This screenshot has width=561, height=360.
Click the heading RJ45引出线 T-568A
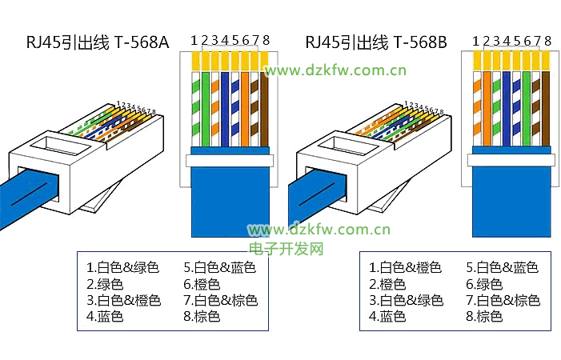click(98, 42)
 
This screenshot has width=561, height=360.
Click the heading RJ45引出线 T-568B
click(376, 42)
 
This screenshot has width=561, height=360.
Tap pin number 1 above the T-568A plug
click(194, 39)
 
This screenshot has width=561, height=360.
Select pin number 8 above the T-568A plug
click(266, 39)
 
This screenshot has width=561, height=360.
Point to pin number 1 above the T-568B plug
click(475, 40)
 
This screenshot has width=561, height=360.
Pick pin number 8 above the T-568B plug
click(547, 40)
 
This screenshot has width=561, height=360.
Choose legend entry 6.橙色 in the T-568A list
click(202, 284)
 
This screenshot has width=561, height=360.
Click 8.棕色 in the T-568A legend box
click(202, 318)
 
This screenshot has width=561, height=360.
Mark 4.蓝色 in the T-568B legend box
click(387, 318)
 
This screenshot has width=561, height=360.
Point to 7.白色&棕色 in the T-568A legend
click(220, 301)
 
